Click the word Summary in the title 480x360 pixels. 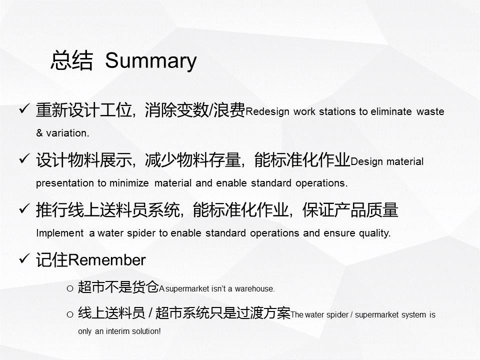[x=150, y=61]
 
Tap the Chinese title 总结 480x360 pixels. [x=71, y=60]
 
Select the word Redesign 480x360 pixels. [x=267, y=111]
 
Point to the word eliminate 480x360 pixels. [x=391, y=111]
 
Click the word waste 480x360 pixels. [x=430, y=111]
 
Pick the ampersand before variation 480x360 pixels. [x=39, y=133]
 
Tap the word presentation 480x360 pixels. [x=65, y=183]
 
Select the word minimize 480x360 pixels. [x=129, y=183]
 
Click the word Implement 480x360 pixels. [x=59, y=233]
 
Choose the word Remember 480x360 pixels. [x=106, y=260]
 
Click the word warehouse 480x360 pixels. [x=254, y=288]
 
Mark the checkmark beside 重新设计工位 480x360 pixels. [x=24, y=108]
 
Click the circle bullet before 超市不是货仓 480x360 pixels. [x=70, y=288]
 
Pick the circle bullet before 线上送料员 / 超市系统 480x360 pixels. [x=70, y=314]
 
